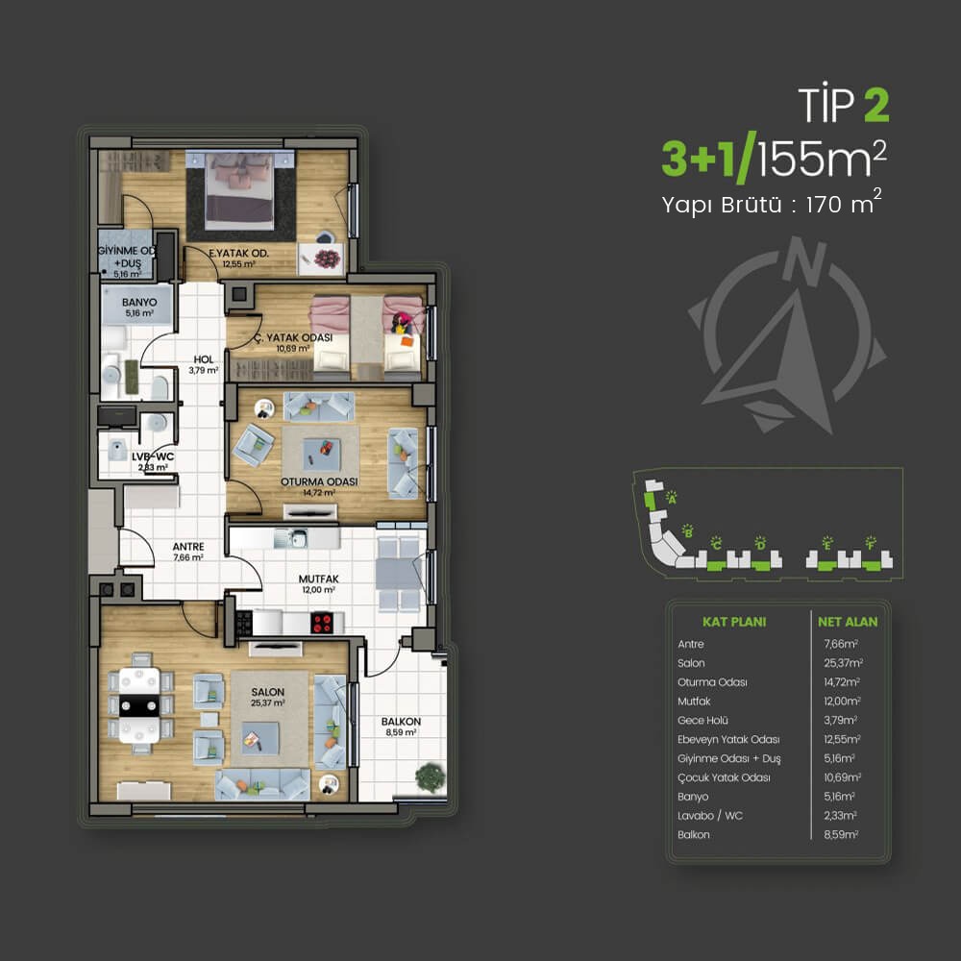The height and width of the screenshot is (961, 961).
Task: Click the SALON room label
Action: pyautogui.click(x=268, y=692)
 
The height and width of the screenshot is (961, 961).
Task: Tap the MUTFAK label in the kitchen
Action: pyautogui.click(x=319, y=579)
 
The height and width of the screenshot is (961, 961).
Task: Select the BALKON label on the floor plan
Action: pyautogui.click(x=401, y=722)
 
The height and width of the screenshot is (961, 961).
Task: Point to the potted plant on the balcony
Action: pyautogui.click(x=431, y=777)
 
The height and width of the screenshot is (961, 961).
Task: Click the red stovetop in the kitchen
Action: pyautogui.click(x=322, y=623)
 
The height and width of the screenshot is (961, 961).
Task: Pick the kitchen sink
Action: pyautogui.click(x=291, y=538)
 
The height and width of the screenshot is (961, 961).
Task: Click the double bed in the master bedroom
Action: pyautogui.click(x=239, y=190)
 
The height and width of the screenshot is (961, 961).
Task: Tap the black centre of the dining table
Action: pyautogui.click(x=139, y=705)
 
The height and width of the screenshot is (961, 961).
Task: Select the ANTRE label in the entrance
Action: pyautogui.click(x=188, y=547)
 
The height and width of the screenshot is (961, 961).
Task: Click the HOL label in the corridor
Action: pyautogui.click(x=204, y=359)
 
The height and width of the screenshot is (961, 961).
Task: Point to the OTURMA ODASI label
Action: pyautogui.click(x=319, y=481)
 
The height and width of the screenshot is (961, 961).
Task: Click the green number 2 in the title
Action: pyautogui.click(x=876, y=106)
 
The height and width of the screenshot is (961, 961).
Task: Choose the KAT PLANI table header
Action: pyautogui.click(x=734, y=622)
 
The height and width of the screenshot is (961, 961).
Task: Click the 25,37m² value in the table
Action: pyautogui.click(x=844, y=662)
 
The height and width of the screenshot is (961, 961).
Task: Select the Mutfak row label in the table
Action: pyautogui.click(x=694, y=702)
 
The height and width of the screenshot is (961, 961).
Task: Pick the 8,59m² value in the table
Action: pyautogui.click(x=841, y=834)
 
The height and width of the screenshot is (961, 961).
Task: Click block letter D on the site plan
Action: pyautogui.click(x=760, y=544)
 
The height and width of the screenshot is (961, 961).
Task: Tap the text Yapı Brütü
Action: pyautogui.click(x=722, y=205)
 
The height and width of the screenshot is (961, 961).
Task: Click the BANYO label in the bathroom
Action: pyautogui.click(x=139, y=302)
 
